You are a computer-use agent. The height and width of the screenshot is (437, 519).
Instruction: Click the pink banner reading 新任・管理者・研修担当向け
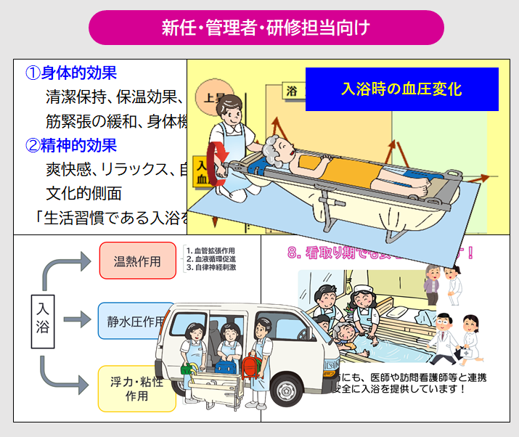(x=266, y=28)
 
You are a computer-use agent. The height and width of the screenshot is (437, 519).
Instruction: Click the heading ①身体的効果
(x=71, y=73)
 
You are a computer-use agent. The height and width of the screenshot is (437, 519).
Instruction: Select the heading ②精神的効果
(x=71, y=145)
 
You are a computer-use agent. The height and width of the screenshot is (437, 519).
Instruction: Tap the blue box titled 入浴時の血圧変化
(x=401, y=89)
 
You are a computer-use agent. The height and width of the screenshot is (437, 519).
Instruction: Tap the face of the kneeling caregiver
(x=232, y=111)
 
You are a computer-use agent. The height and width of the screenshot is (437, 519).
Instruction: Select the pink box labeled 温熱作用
(x=137, y=261)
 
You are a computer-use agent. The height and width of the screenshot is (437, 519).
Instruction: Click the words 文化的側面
(x=79, y=193)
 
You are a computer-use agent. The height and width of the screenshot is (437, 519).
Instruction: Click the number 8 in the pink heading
(x=293, y=253)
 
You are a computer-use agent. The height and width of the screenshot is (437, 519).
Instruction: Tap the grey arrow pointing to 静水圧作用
(x=78, y=319)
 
